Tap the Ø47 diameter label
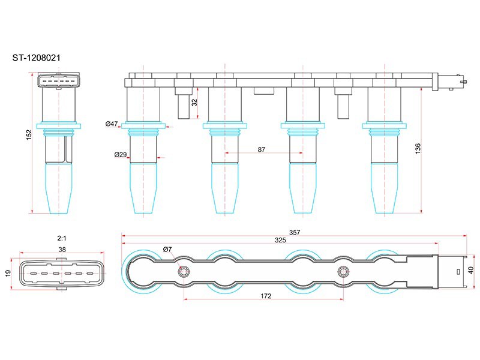click(x=112, y=124)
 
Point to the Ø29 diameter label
click(x=120, y=155)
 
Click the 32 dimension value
click(x=194, y=102)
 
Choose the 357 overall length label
click(x=294, y=232)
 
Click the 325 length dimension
click(x=280, y=240)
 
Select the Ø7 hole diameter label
click(x=167, y=250)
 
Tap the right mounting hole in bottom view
click(x=343, y=271)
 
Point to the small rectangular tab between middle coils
click(x=262, y=91)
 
